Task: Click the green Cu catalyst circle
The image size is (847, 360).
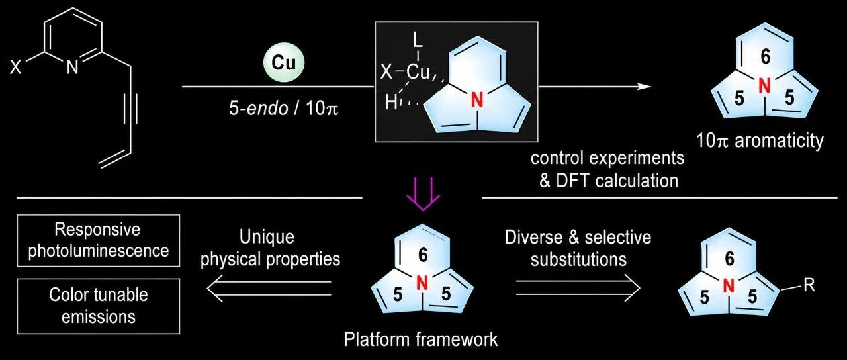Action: click(284, 63)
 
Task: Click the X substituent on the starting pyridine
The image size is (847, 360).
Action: click(15, 68)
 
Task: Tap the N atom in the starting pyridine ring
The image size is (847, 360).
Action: click(72, 68)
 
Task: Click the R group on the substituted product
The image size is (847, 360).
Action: click(809, 285)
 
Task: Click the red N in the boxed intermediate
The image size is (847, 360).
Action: click(478, 101)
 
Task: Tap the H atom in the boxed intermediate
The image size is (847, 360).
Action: click(391, 102)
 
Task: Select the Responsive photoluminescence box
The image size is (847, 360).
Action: click(99, 240)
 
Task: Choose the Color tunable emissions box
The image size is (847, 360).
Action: click(99, 306)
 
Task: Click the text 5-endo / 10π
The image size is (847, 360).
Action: click(283, 109)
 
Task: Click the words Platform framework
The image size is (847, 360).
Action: click(421, 339)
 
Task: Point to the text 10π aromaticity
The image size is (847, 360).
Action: click(760, 141)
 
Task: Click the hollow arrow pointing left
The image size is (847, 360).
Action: click(269, 288)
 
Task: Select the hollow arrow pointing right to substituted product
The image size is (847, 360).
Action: click(578, 288)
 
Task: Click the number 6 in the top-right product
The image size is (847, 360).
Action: click(766, 57)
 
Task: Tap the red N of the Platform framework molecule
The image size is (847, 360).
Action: click(422, 283)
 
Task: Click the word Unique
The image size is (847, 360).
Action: click(267, 237)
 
